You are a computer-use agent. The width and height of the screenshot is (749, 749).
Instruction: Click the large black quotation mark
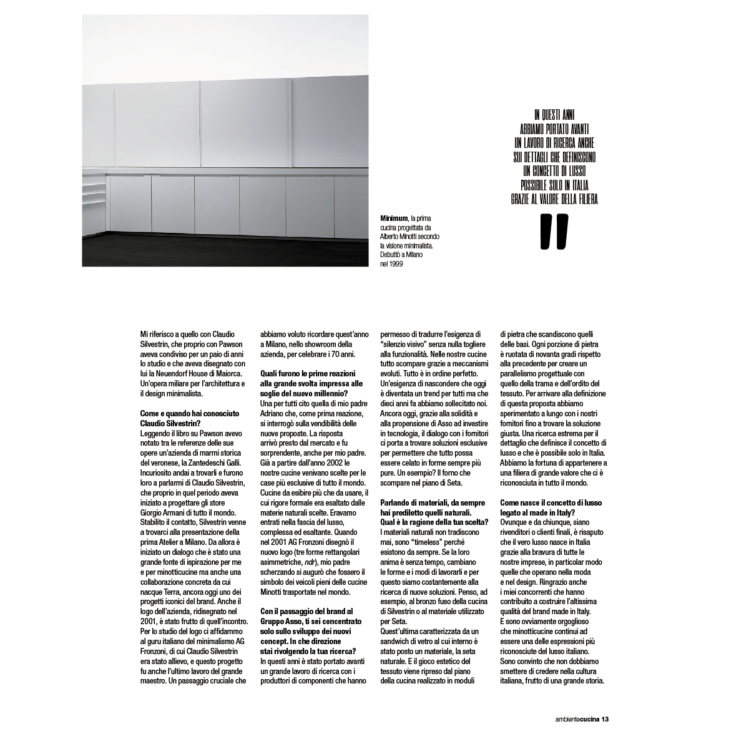pyautogui.click(x=554, y=232)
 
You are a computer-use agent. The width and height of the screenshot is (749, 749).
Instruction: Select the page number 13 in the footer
pyautogui.click(x=605, y=719)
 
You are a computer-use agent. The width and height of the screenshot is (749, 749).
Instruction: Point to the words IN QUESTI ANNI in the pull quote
pyautogui.click(x=554, y=114)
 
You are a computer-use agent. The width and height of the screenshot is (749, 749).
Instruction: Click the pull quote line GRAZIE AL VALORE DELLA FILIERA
pyautogui.click(x=554, y=199)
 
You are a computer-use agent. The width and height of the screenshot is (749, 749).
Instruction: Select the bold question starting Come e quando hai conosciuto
pyautogui.click(x=182, y=419)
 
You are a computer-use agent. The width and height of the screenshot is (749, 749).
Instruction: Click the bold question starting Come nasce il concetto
pyautogui.click(x=546, y=507)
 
